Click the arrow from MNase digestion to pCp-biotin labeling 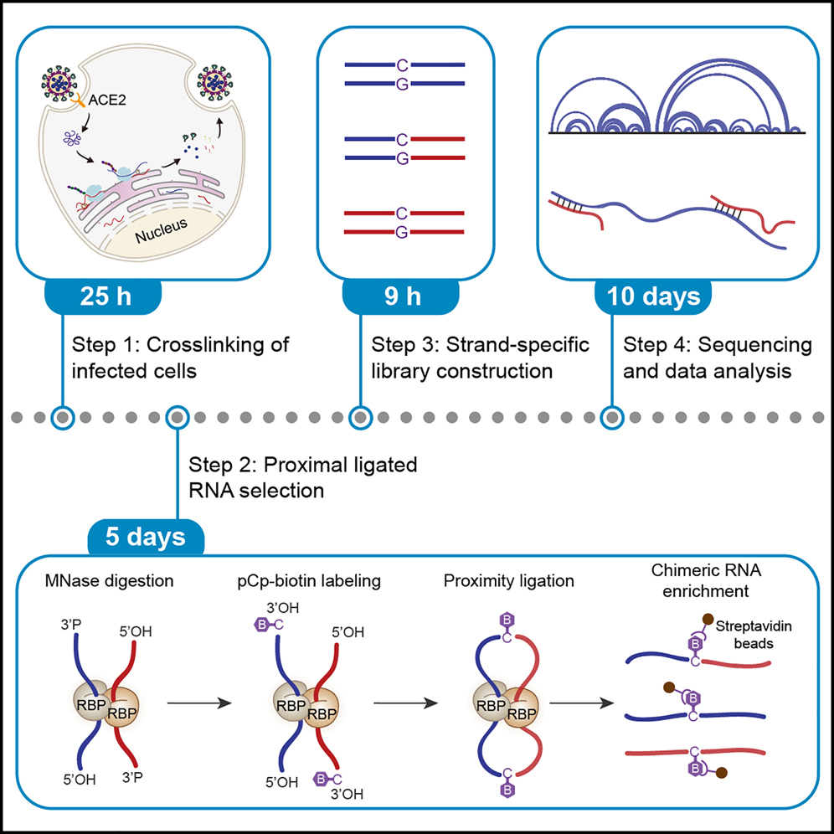pyautogui.click(x=198, y=703)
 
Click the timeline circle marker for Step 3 pyautogui.click(x=359, y=416)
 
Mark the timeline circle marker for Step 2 pyautogui.click(x=178, y=416)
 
